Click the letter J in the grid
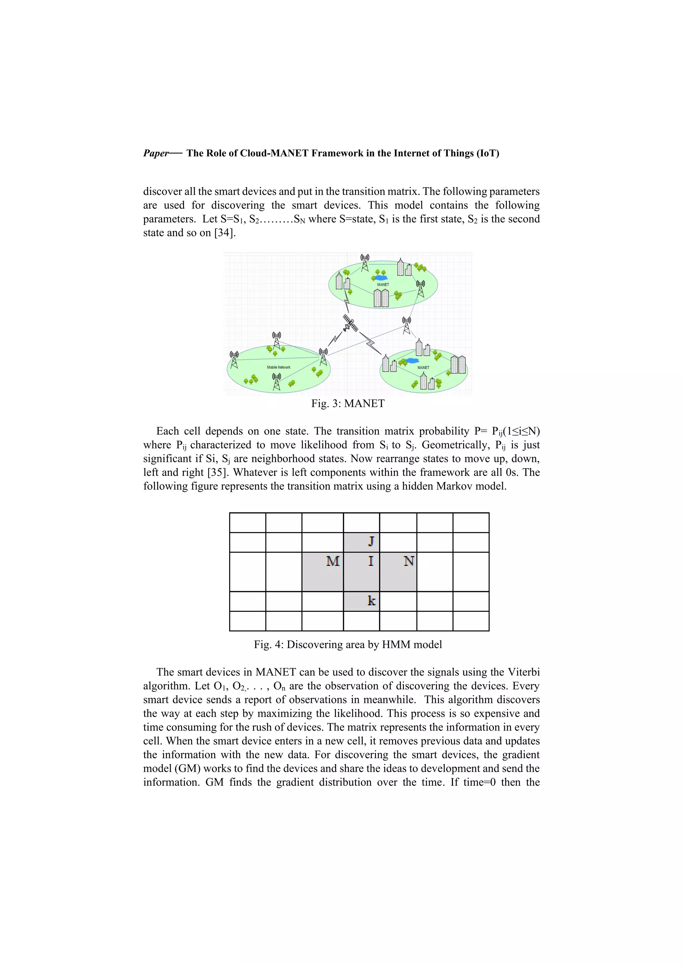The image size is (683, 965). (371, 541)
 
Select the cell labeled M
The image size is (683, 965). (333, 561)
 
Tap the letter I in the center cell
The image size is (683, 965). (371, 561)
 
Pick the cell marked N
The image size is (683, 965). (409, 561)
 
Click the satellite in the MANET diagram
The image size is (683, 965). (350, 324)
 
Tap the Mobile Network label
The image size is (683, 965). (278, 367)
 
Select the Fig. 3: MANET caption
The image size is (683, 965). (348, 404)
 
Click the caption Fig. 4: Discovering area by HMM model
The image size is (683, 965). (348, 645)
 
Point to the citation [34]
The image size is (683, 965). (224, 233)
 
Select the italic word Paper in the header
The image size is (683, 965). (155, 153)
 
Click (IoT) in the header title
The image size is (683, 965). (488, 153)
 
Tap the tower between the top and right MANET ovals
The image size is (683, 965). (406, 325)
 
